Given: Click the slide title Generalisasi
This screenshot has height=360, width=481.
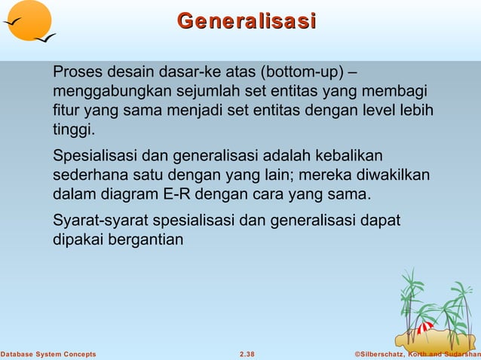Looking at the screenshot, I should click(x=246, y=21).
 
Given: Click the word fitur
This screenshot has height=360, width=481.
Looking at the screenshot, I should click(x=66, y=111).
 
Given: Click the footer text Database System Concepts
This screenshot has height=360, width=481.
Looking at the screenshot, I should click(x=48, y=354).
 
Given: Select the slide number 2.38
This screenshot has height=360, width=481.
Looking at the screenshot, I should click(x=247, y=354).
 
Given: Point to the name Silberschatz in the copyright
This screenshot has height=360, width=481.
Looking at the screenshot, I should click(x=381, y=354).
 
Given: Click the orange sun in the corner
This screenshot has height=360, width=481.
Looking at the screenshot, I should click(x=28, y=20).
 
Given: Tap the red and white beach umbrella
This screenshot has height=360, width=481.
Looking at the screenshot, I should click(x=425, y=328).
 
